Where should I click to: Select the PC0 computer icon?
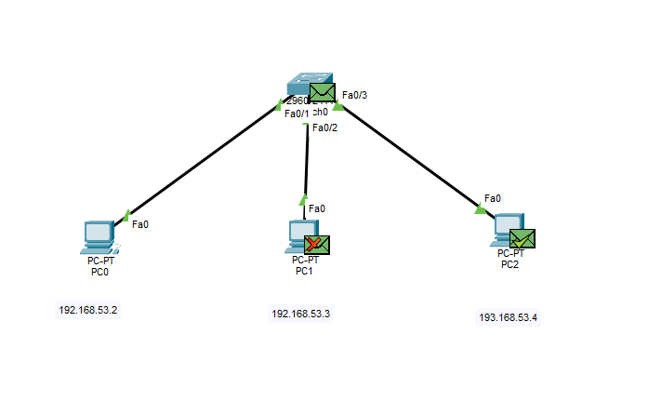pyautogui.click(x=97, y=237)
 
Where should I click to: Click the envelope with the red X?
pyautogui.click(x=317, y=245)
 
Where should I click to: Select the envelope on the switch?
pyautogui.click(x=322, y=93)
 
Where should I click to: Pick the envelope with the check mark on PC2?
pyautogui.click(x=522, y=239)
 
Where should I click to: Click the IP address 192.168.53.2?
pyautogui.click(x=87, y=310)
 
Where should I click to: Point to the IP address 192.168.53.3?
pyautogui.click(x=300, y=314)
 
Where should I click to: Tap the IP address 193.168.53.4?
pyautogui.click(x=508, y=317)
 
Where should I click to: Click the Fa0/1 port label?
pyautogui.click(x=297, y=114)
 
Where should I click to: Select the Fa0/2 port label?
pyautogui.click(x=324, y=127)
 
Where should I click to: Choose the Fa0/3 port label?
pyautogui.click(x=354, y=95)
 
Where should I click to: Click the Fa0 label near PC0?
pyautogui.click(x=140, y=223)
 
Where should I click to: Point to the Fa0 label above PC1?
pyautogui.click(x=317, y=208)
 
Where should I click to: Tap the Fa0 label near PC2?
pyautogui.click(x=492, y=198)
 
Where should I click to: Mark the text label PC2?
pyautogui.click(x=510, y=263)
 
